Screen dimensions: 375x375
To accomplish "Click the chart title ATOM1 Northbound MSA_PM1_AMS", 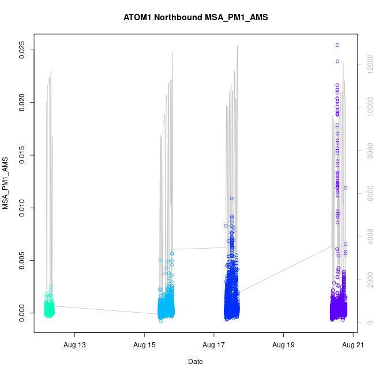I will [x=196, y=17].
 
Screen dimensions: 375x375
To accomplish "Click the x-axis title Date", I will [x=195, y=362].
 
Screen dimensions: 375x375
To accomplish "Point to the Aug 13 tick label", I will [x=74, y=345].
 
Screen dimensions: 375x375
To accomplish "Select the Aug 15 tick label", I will [x=144, y=345].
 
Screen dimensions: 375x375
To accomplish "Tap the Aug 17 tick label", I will [x=213, y=345].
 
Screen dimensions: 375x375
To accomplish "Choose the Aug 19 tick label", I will [x=283, y=345].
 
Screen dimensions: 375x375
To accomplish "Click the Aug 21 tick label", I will [x=352, y=345].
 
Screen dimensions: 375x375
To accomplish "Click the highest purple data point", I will [x=337, y=45].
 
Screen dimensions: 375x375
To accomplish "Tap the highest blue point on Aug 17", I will [x=231, y=198].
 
